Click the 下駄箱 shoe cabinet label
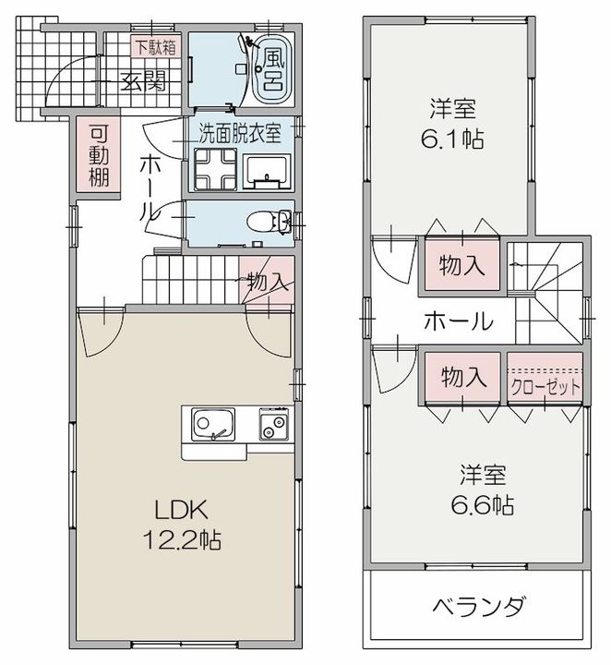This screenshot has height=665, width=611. coord(156,45)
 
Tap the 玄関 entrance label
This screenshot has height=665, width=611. coord(141,81)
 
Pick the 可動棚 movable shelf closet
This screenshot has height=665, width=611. coord(98,153)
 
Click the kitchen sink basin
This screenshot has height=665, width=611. coord(214,427)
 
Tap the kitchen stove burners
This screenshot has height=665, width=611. coord(273,428)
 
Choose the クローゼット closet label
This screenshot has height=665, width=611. coord(545,384)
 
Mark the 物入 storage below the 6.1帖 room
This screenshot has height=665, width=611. coord(461,265)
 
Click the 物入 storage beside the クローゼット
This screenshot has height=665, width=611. coord(461,377)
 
